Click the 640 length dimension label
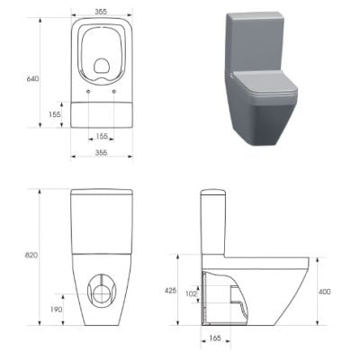click(32, 79)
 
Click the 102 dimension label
click(191, 292)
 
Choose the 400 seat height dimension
click(324, 292)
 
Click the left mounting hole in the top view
click(87, 93)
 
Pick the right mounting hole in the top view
click(116, 93)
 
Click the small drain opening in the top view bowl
click(102, 65)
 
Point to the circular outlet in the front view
click(102, 289)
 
